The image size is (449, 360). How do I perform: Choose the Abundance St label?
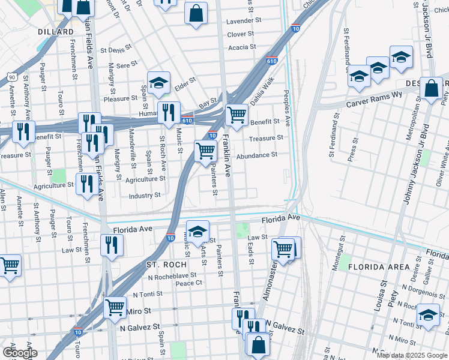pyautogui.click(x=256, y=155)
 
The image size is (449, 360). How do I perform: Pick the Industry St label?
pyautogui.click(x=145, y=195)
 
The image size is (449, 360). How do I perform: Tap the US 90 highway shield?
pyautogui.click(x=11, y=77)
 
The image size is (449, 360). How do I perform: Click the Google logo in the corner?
pyautogui.click(x=20, y=353)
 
